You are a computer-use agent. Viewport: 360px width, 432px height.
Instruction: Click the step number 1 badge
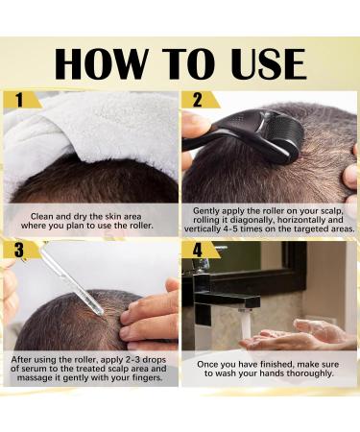18,100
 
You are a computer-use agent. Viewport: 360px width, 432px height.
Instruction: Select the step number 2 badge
197,100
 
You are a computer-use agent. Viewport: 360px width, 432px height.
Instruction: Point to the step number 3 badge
18,251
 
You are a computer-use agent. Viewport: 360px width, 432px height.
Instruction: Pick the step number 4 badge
197,251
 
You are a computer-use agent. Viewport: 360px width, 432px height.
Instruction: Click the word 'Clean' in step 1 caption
44,217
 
